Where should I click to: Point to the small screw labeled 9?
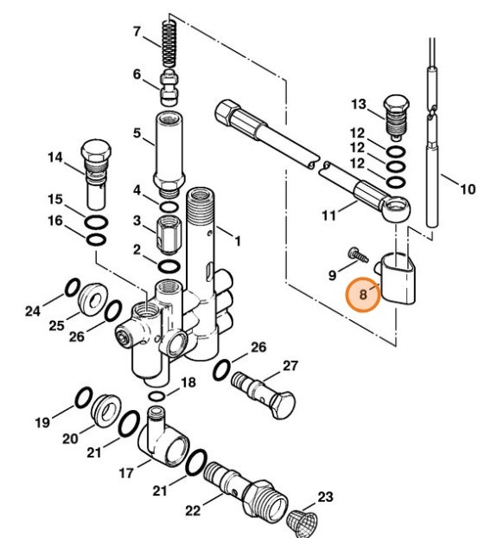(x=354, y=253)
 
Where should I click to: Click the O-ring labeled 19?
(x=82, y=398)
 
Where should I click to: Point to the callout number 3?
(x=135, y=221)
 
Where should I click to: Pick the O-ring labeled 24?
(x=73, y=286)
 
